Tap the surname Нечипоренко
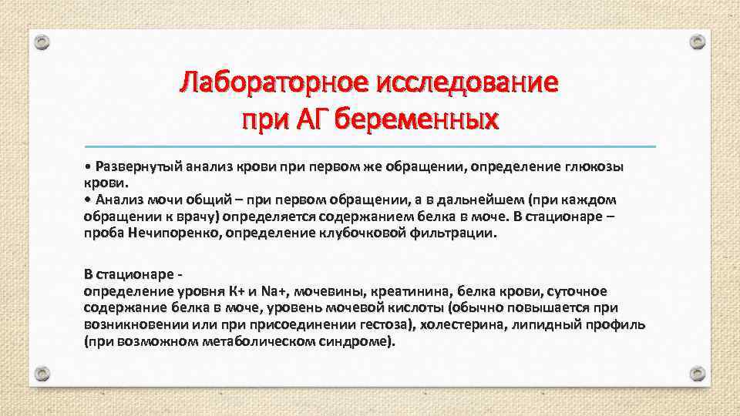171,232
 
